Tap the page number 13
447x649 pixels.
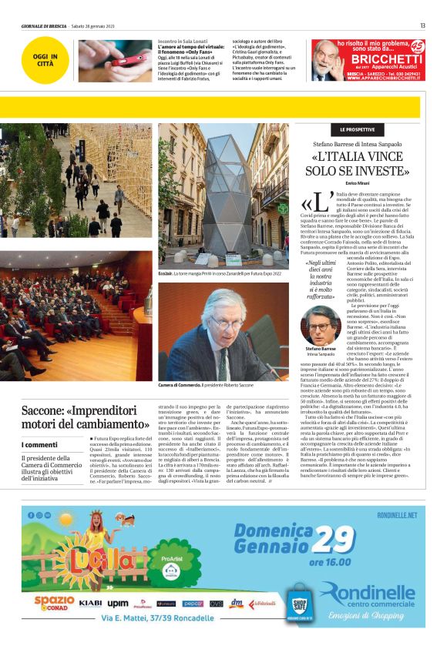click(x=422, y=25)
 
